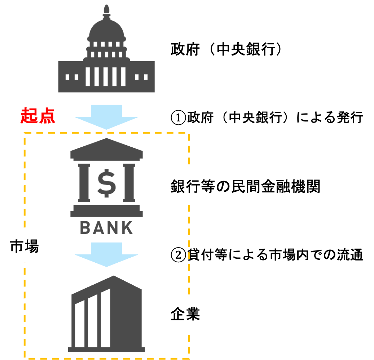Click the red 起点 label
click(x=38, y=116)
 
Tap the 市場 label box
click(x=24, y=246)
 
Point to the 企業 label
click(x=185, y=315)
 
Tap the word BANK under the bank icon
click(x=106, y=228)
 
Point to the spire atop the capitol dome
click(x=106, y=9)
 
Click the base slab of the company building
click(x=106, y=349)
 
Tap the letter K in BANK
click(x=127, y=228)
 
